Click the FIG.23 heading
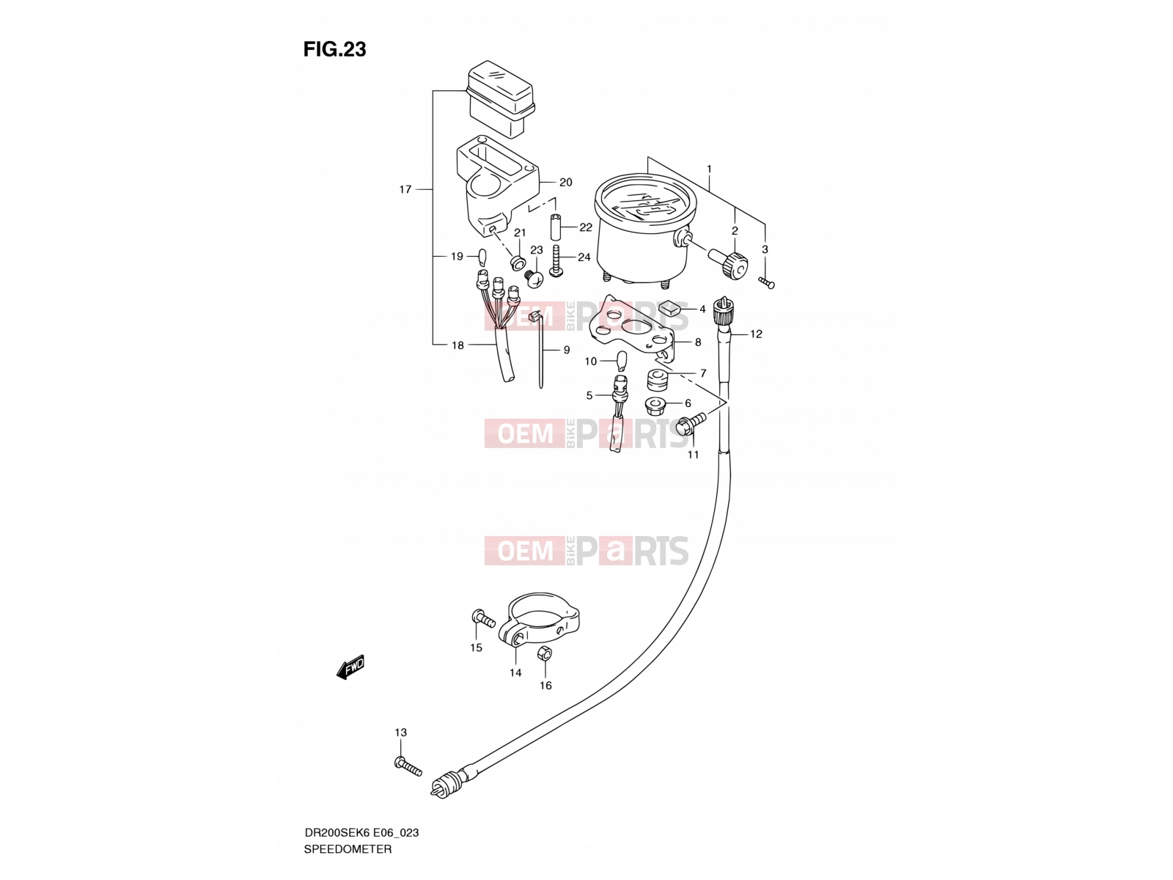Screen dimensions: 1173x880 pyautogui.click(x=334, y=49)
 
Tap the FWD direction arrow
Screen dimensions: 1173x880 pyautogui.click(x=350, y=667)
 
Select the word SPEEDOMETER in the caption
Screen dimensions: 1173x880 pyautogui.click(x=348, y=849)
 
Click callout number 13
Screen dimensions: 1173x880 pyautogui.click(x=400, y=733)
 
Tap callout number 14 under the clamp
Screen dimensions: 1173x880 pyautogui.click(x=515, y=673)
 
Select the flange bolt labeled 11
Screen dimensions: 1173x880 pyautogui.click(x=690, y=422)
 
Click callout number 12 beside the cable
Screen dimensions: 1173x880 pyautogui.click(x=756, y=334)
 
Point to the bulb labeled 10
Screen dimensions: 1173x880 pyautogui.click(x=622, y=361)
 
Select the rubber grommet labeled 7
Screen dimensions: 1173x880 pyautogui.click(x=658, y=381)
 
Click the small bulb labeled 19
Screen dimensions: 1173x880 pyautogui.click(x=109, y=257)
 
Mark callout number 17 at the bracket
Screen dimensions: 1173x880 pyautogui.click(x=405, y=189)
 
